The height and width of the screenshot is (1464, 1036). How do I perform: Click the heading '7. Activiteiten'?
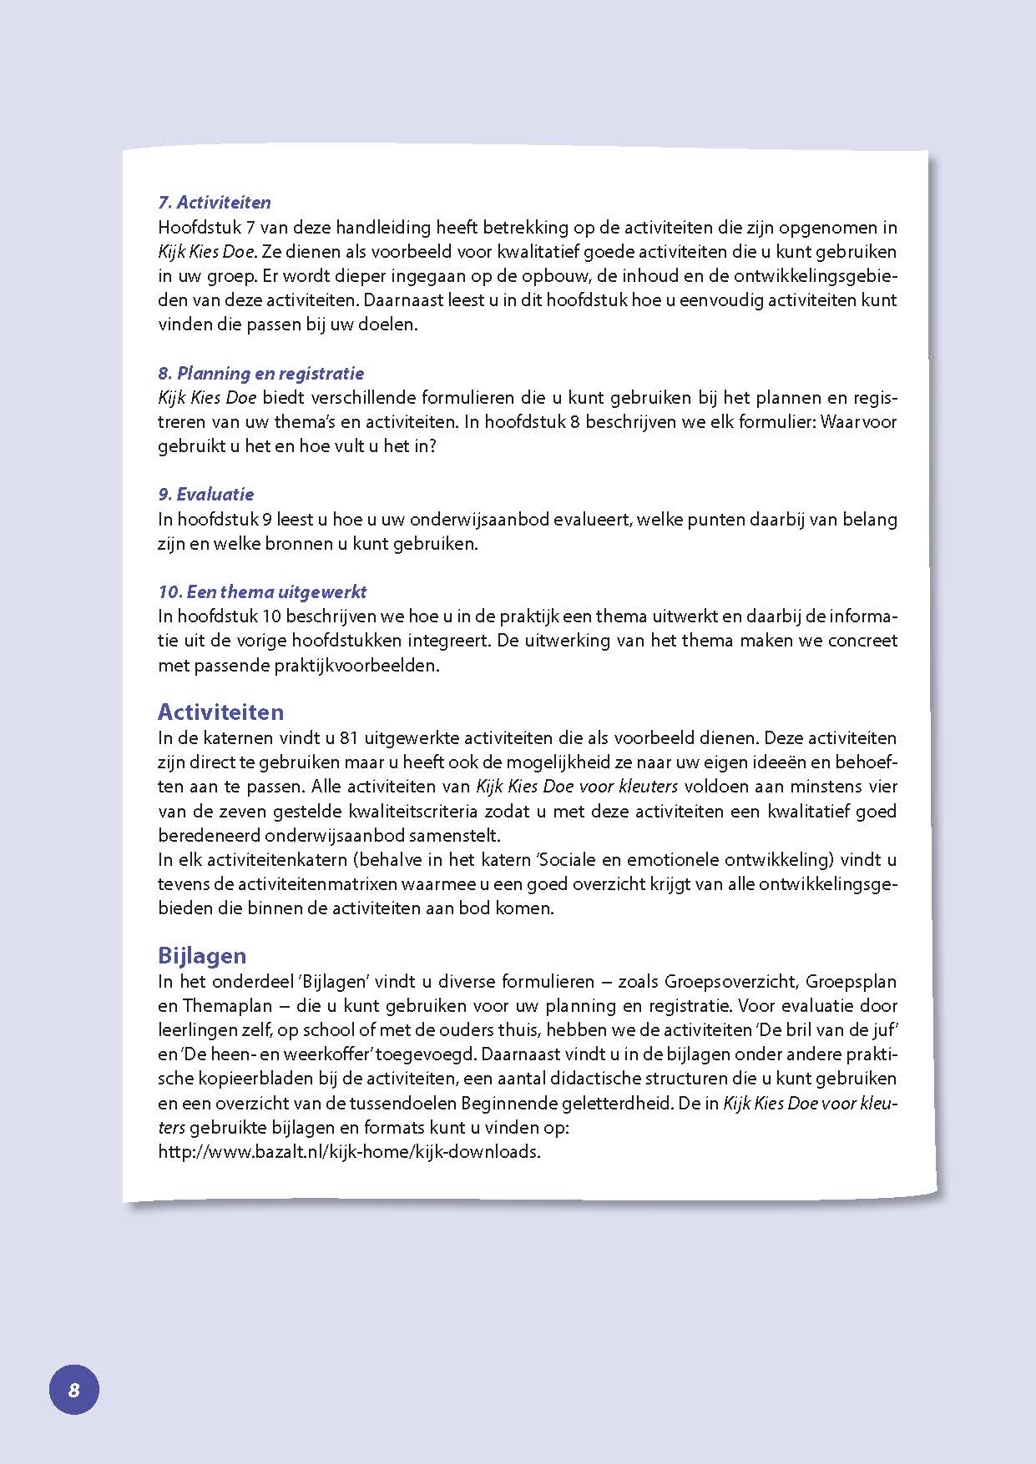click(215, 203)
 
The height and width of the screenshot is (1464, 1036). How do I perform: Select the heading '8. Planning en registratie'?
click(261, 373)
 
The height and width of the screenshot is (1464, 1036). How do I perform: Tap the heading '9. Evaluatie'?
click(206, 494)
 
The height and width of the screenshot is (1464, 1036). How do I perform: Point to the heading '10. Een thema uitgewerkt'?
click(262, 591)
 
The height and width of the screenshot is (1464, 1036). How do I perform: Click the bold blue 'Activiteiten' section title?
click(220, 712)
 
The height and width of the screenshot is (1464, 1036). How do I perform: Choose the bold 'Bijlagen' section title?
click(202, 955)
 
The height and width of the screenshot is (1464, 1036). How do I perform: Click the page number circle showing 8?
click(73, 1390)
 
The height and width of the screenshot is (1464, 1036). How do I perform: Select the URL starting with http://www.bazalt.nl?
click(349, 1152)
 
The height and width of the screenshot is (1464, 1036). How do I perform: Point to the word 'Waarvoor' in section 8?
click(859, 421)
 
